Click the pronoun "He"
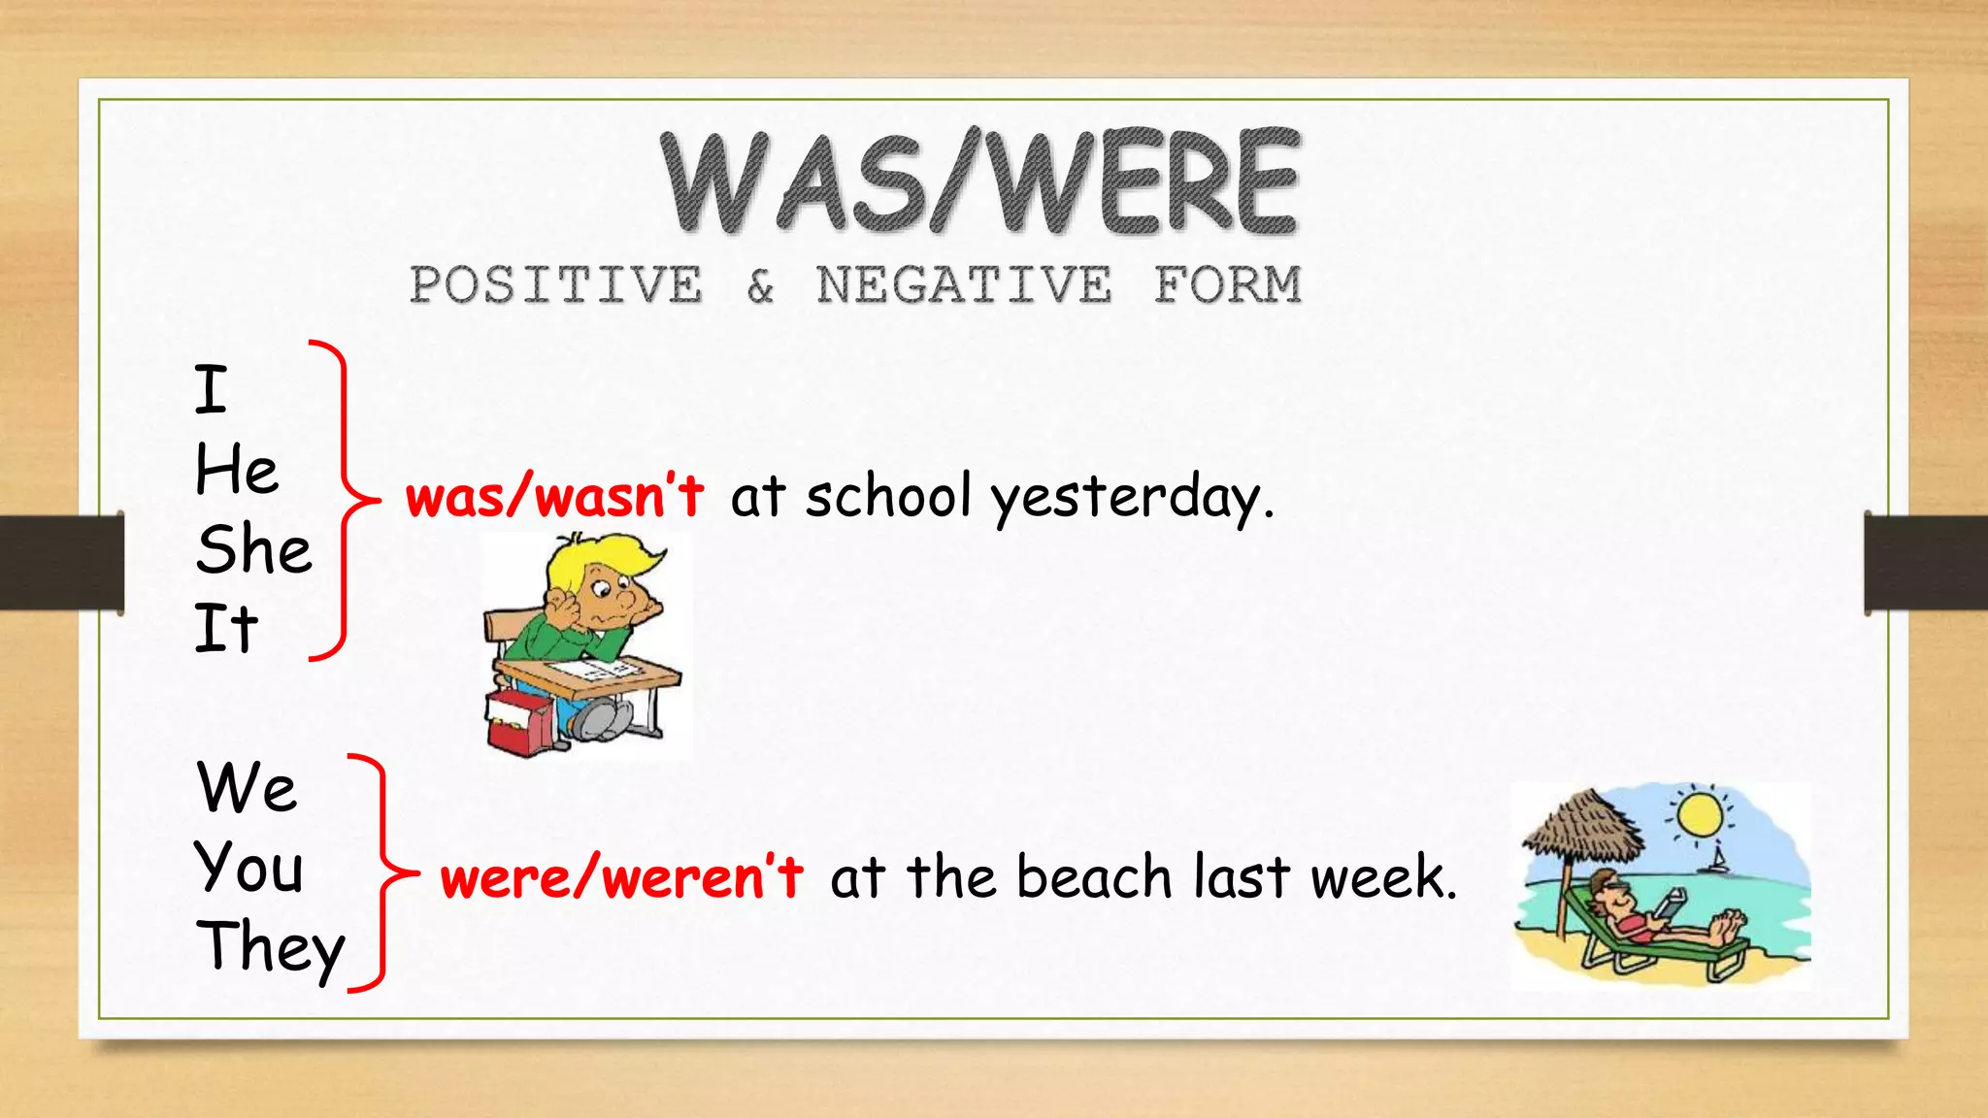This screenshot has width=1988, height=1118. coord(236,471)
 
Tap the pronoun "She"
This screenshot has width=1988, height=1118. coord(253,549)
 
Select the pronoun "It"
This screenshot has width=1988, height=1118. coord(225,629)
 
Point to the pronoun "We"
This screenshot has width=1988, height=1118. coord(247,787)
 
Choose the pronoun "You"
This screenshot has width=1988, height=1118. coord(249,867)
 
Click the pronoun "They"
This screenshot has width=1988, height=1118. coord(270,947)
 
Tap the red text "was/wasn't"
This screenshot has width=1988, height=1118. coord(554,496)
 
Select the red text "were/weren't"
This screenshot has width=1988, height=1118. coord(621,877)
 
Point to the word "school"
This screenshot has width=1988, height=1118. coord(887,495)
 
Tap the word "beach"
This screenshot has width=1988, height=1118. coord(1094,876)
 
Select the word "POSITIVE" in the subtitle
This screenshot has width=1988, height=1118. coord(555,285)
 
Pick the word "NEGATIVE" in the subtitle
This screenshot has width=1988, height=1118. coord(963,285)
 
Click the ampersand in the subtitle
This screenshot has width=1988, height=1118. coord(760,286)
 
